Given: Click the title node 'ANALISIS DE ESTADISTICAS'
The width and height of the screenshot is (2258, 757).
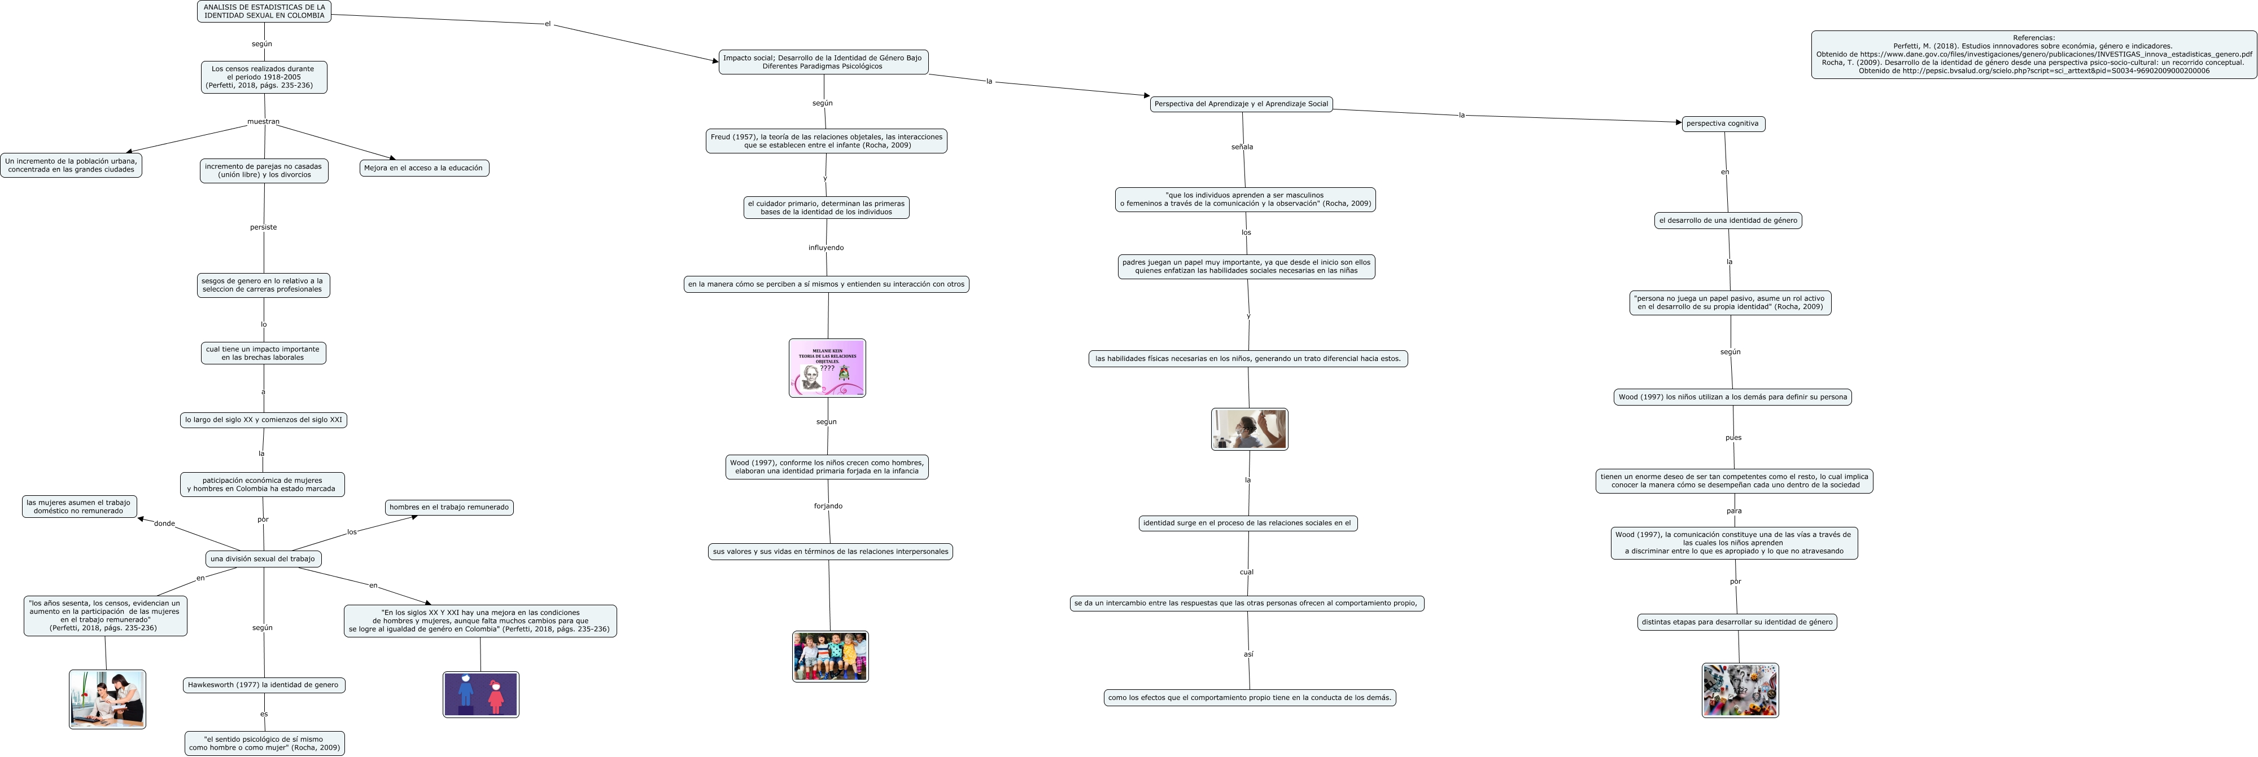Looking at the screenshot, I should pyautogui.click(x=264, y=11).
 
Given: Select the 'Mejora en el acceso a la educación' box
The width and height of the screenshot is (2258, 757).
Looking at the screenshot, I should pyautogui.click(x=423, y=168).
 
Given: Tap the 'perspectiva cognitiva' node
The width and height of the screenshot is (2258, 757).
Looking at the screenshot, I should pyautogui.click(x=1722, y=124).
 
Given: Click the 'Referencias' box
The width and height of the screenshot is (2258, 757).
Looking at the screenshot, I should pyautogui.click(x=2034, y=54).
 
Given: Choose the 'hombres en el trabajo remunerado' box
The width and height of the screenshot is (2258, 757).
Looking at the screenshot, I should pyautogui.click(x=449, y=507).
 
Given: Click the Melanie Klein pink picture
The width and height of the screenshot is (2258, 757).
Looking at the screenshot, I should pyautogui.click(x=827, y=368).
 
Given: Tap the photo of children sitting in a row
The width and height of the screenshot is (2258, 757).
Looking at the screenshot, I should pyautogui.click(x=830, y=656).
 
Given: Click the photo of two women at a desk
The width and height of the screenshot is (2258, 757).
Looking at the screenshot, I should pyautogui.click(x=107, y=699).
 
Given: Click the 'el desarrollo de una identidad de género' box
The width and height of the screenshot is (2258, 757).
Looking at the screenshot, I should pyautogui.click(x=1728, y=221).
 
